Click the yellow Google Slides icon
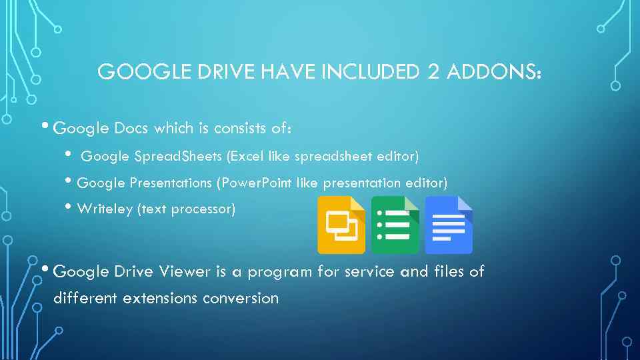(341, 225)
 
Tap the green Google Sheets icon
(395, 225)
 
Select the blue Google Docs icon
(448, 225)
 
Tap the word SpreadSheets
(178, 156)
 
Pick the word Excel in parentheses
(246, 156)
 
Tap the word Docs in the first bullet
(131, 127)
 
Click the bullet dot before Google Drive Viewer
(44, 269)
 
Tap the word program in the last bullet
(283, 271)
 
